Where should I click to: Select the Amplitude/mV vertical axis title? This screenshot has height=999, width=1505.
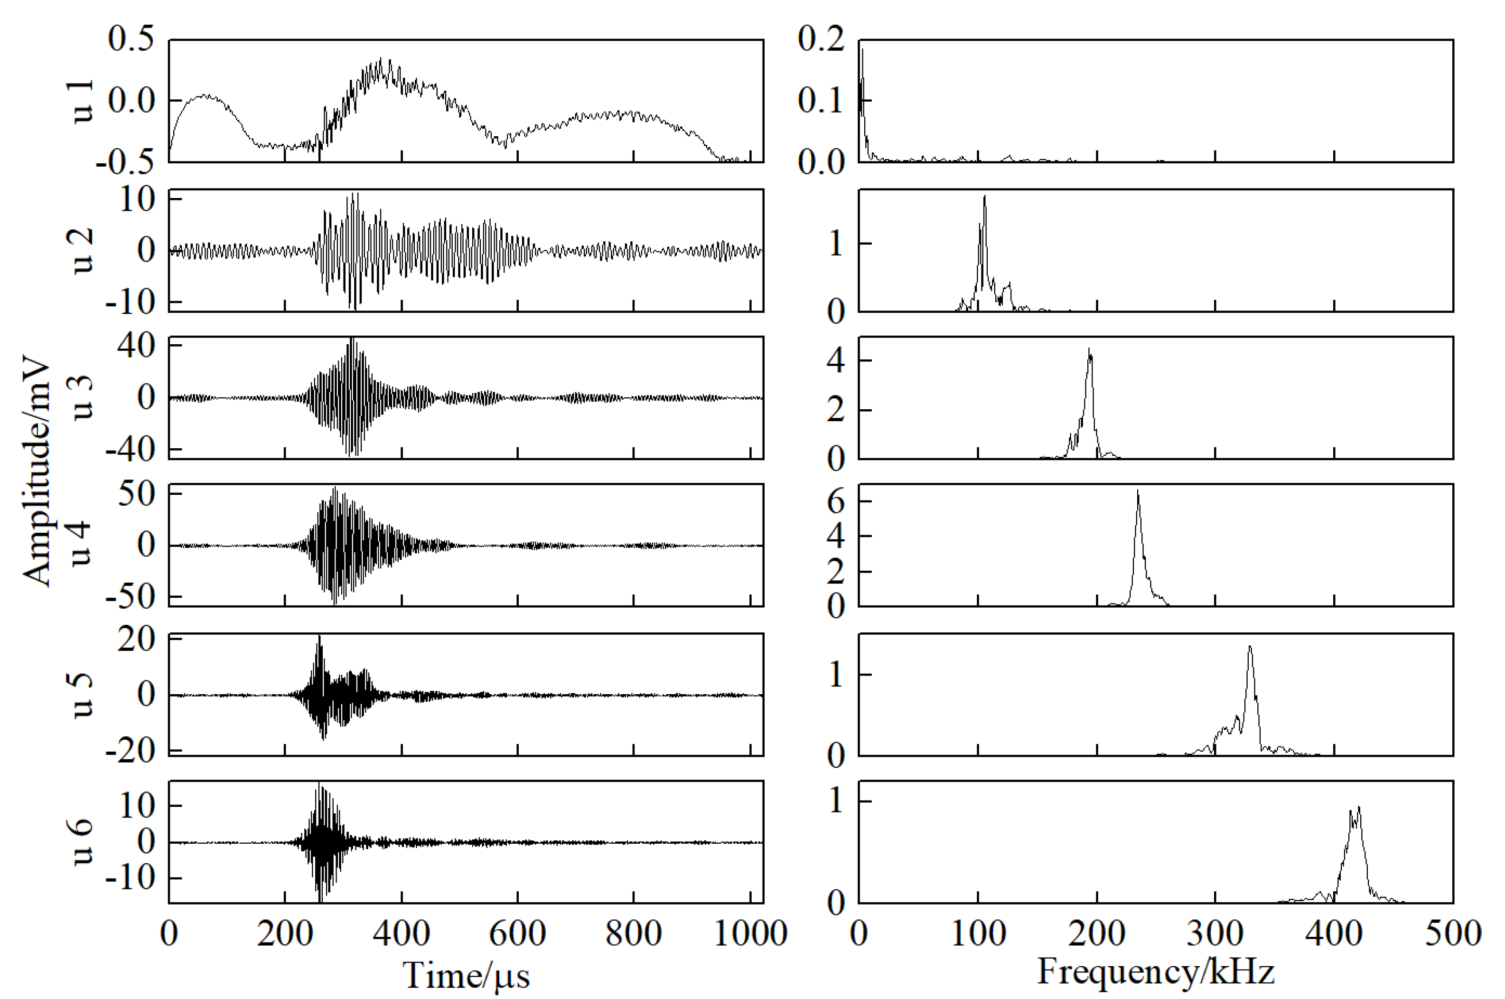[37, 471]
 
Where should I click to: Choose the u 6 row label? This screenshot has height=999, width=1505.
[83, 842]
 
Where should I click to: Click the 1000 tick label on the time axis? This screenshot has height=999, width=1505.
[751, 933]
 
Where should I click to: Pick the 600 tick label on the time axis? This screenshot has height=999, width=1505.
[517, 933]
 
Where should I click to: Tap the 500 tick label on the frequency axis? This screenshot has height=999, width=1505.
[1453, 933]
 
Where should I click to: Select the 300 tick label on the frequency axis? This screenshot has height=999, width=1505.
[1215, 933]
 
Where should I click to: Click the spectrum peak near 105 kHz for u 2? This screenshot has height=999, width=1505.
[985, 198]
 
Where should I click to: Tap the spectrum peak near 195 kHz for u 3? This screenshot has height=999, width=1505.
[1089, 350]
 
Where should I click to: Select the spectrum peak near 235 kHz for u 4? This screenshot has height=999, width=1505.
[1138, 492]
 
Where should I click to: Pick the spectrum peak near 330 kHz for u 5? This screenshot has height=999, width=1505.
[1250, 647]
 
